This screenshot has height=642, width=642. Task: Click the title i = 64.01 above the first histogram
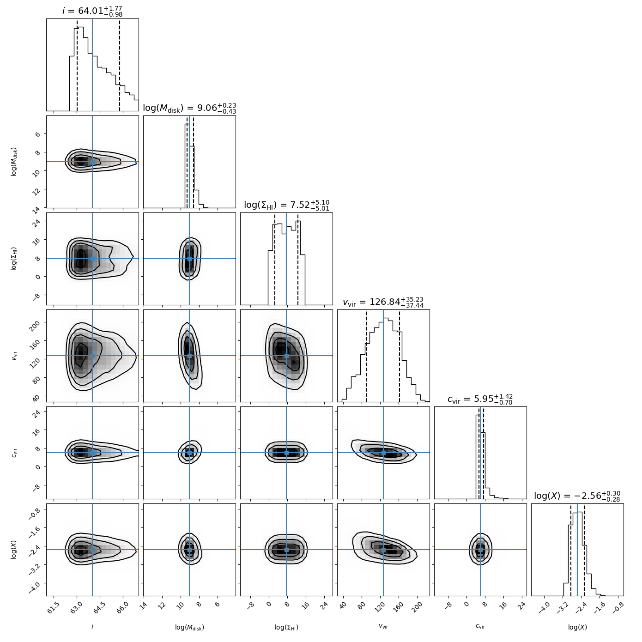(x=92, y=11)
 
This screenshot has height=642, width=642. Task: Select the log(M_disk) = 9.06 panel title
(x=189, y=108)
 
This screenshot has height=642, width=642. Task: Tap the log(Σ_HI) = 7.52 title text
(x=286, y=205)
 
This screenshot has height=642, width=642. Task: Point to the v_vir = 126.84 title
(x=383, y=302)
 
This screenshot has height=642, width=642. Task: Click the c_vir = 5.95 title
(x=480, y=399)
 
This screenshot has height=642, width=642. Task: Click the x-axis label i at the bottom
(x=92, y=627)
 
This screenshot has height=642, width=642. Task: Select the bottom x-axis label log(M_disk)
(x=189, y=627)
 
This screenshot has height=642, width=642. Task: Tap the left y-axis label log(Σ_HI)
(x=14, y=259)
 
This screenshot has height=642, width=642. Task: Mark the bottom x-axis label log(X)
(x=577, y=627)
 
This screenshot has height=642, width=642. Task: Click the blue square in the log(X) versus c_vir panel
(x=480, y=550)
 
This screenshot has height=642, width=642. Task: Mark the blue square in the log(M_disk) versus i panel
(x=92, y=162)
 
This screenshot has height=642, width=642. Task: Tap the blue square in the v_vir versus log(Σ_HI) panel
(x=286, y=356)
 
